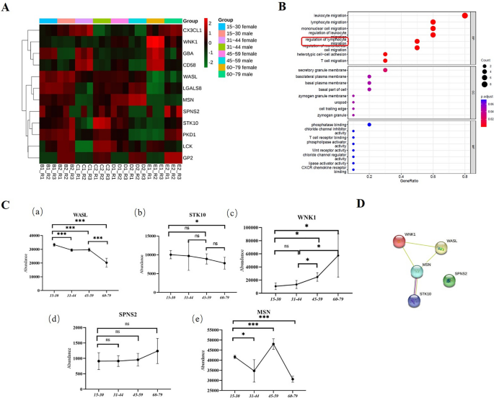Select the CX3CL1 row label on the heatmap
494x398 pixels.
[195, 31]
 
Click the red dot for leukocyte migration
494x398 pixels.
[464, 16]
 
